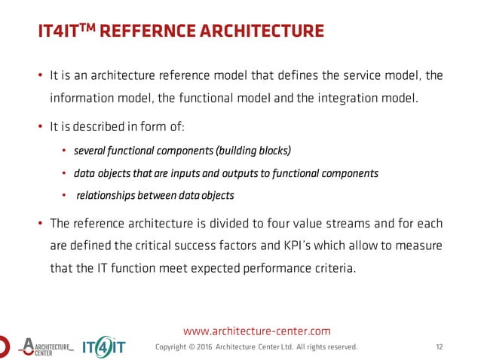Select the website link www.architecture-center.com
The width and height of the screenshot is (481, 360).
(257, 330)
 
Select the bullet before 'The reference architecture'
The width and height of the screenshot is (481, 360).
(40, 224)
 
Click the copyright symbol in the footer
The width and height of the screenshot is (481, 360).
(192, 346)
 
